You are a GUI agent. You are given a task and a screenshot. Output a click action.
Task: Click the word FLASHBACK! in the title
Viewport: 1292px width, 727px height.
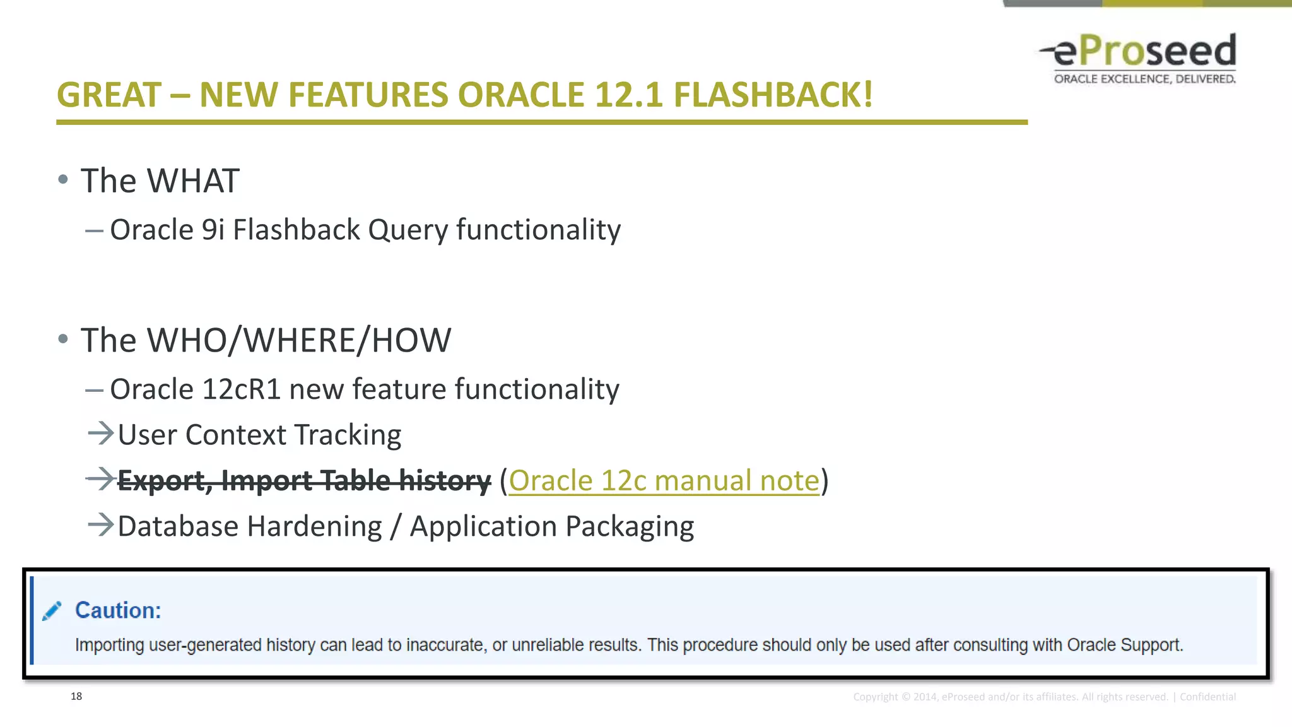tap(773, 95)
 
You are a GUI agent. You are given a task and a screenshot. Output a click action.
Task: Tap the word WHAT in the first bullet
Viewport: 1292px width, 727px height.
tap(193, 181)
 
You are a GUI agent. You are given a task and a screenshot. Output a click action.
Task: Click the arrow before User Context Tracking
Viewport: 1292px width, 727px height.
tap(100, 434)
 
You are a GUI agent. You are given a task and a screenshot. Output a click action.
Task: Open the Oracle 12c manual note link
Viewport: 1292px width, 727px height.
tap(664, 481)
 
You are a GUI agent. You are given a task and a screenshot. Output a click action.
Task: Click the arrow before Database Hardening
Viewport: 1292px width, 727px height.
tap(100, 525)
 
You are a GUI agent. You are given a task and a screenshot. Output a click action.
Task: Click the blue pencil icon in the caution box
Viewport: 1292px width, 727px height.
tap(52, 611)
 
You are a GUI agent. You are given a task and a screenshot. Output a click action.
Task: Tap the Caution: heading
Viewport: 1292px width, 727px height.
tap(118, 611)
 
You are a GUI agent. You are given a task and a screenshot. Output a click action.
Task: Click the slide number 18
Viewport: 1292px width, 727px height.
tap(76, 696)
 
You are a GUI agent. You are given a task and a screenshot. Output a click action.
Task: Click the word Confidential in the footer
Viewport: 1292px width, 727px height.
tap(1207, 697)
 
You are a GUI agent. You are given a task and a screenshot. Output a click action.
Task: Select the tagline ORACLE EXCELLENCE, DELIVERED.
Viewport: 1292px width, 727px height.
tap(1144, 79)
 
